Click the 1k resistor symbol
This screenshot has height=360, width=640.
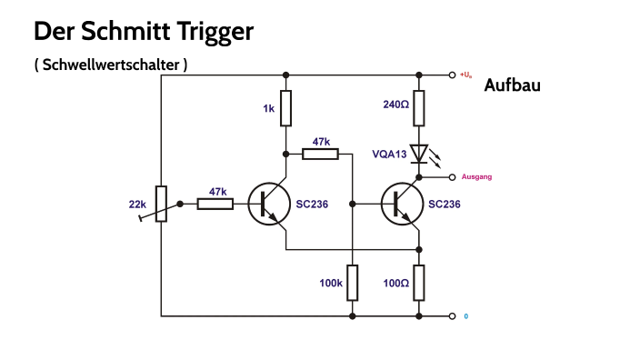285,108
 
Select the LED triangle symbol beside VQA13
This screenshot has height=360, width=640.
419,153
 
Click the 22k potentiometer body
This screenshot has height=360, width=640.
161,204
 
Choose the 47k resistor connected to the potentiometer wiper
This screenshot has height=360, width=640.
215,204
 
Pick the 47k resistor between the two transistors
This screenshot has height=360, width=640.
320,154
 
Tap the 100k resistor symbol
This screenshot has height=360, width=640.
352,282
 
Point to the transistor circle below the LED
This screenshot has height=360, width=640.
402,204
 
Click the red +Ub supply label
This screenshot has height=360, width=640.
466,75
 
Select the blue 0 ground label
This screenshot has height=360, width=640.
465,316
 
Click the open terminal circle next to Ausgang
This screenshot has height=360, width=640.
452,176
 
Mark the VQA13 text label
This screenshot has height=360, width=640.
389,154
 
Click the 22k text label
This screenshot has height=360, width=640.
137,204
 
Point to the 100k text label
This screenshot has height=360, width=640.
331,283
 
